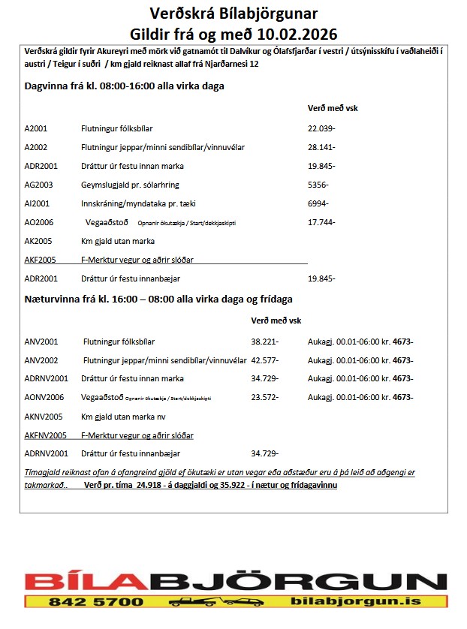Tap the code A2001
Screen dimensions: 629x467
(x=36, y=128)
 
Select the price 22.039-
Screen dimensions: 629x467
(x=321, y=128)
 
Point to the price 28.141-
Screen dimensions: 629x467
(x=321, y=147)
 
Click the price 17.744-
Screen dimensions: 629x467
(x=321, y=222)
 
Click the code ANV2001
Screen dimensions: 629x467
(x=41, y=342)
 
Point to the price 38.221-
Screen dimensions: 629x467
(x=264, y=342)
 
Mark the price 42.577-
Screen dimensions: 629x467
(x=264, y=360)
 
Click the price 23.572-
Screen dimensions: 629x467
(x=264, y=398)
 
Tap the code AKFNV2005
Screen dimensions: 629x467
(x=46, y=435)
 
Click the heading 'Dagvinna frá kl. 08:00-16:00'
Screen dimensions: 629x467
(x=125, y=86)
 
